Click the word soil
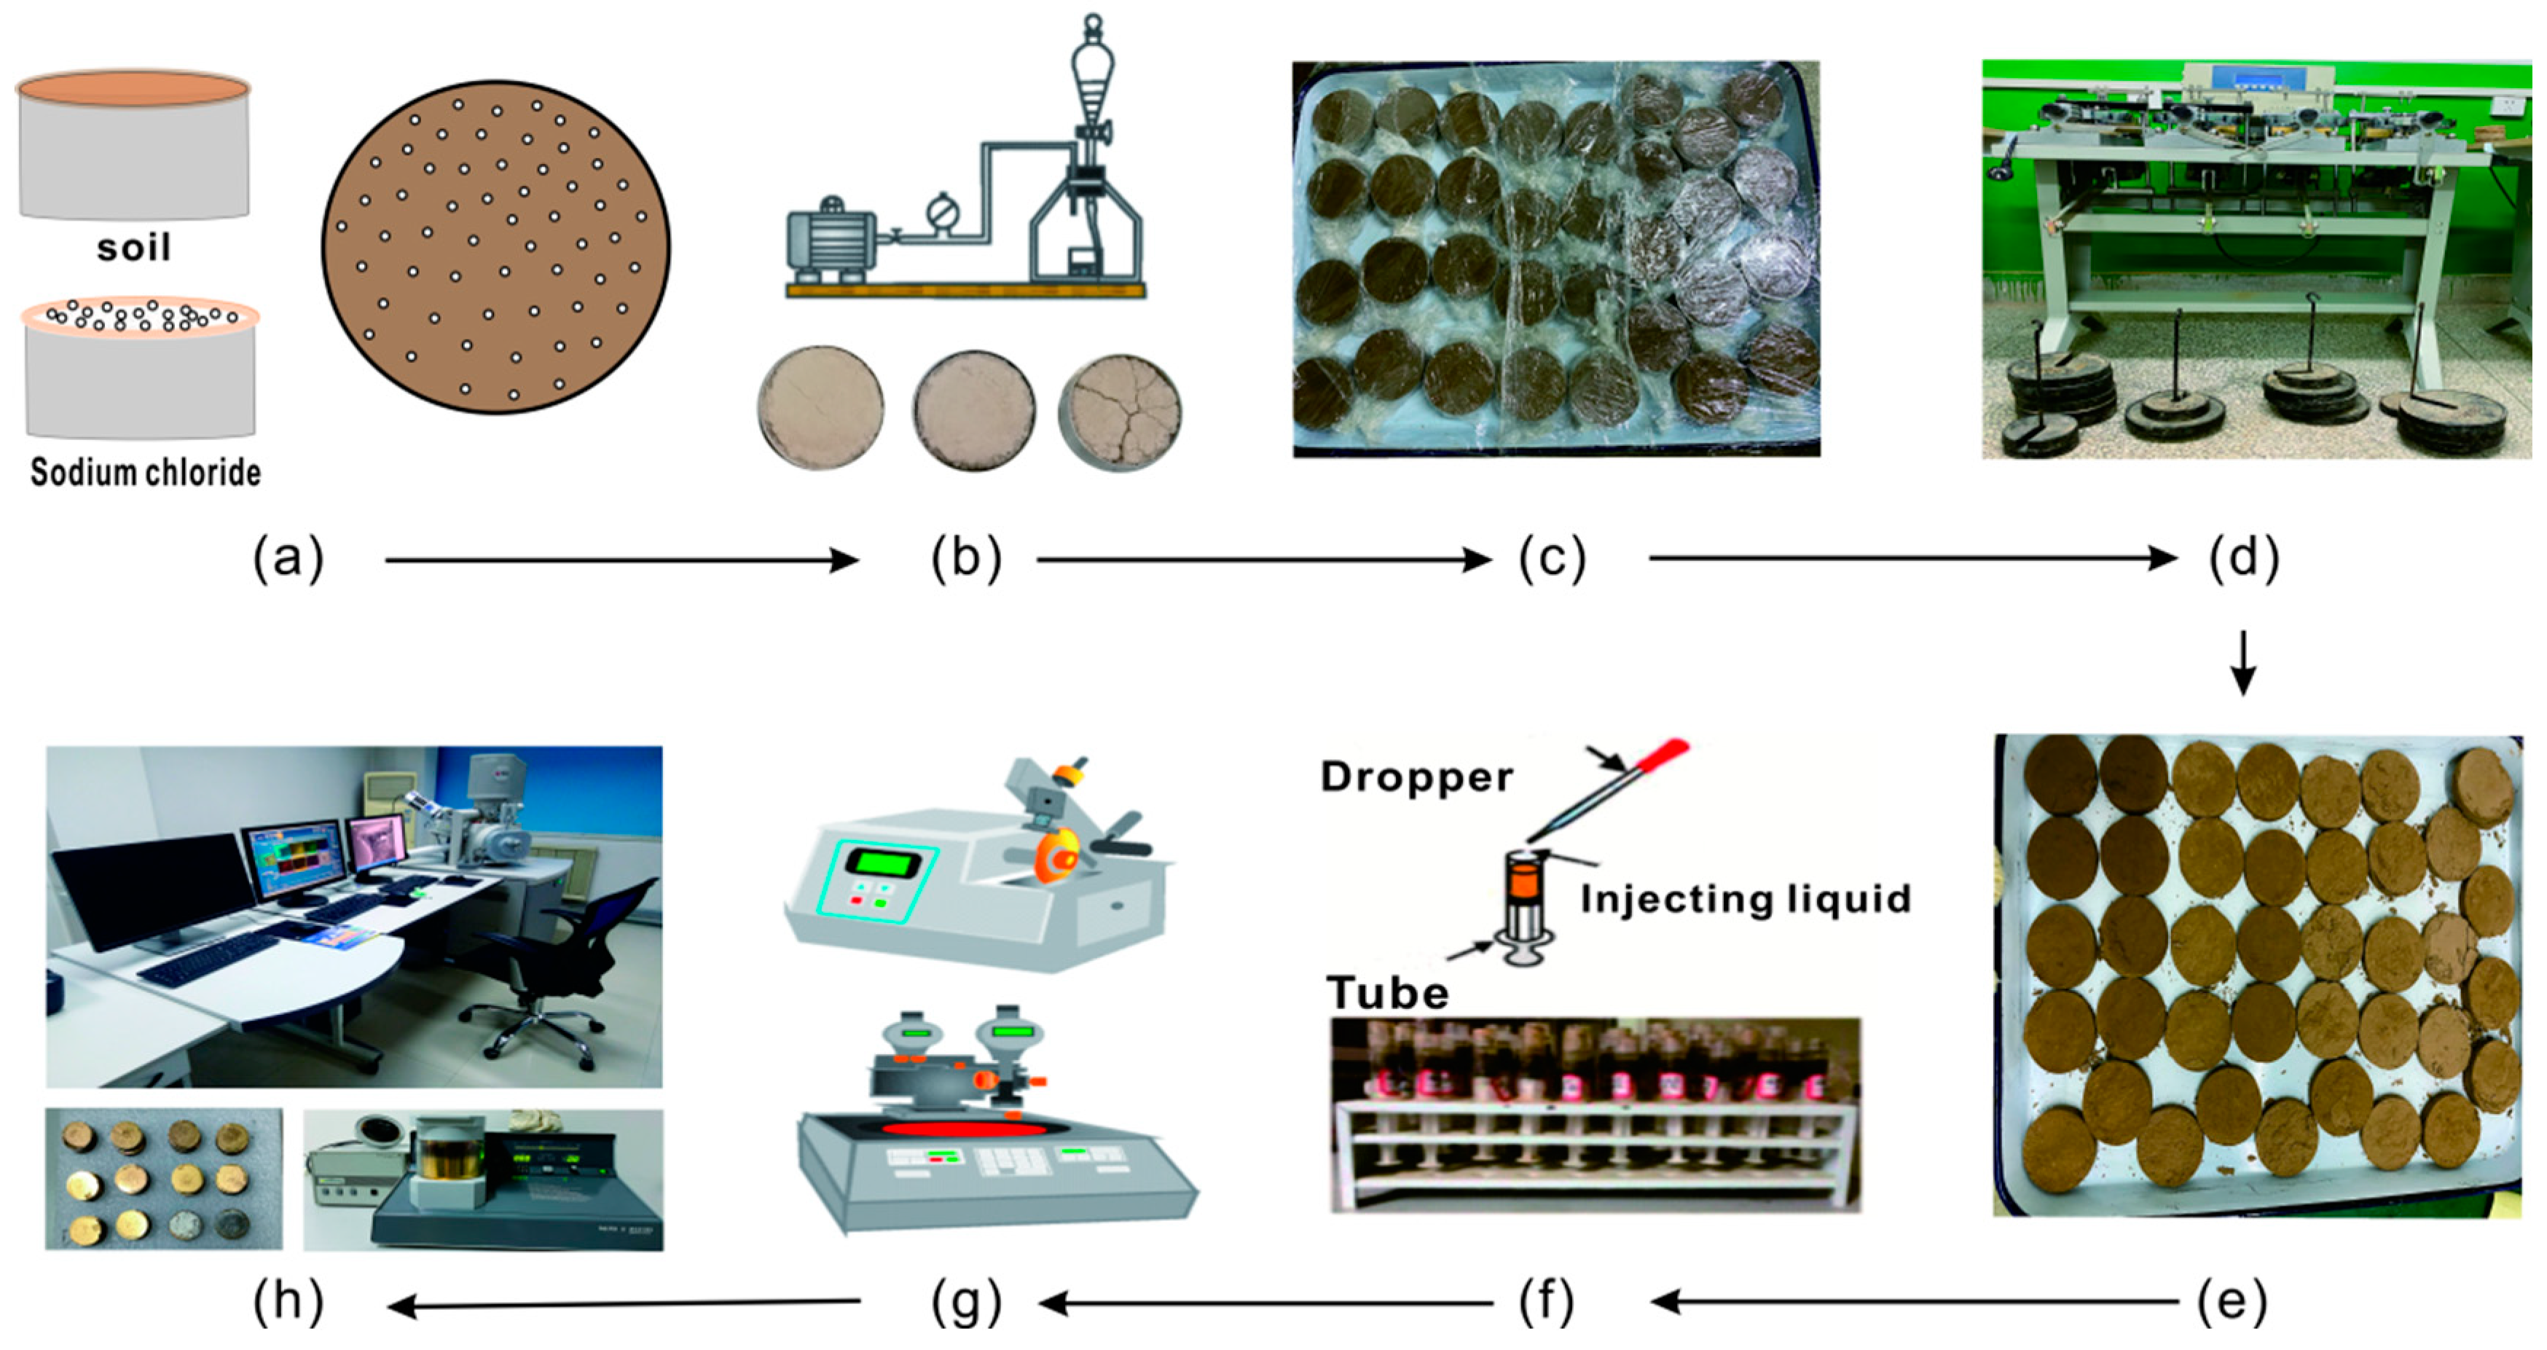[133, 247]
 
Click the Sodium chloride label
[146, 473]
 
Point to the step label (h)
[288, 1303]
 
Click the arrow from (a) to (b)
[621, 561]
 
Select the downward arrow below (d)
[2243, 663]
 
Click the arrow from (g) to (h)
[623, 1305]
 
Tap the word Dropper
[1416, 777]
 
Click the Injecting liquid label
[1745, 899]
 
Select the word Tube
[1387, 993]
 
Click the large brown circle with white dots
[495, 247]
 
